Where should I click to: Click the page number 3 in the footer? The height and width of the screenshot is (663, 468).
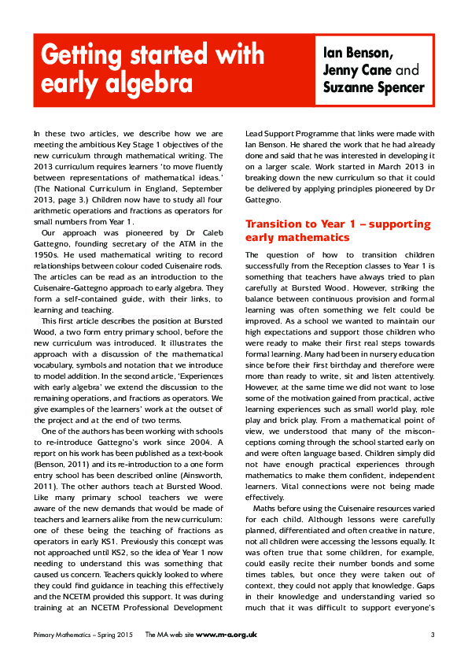(x=433, y=635)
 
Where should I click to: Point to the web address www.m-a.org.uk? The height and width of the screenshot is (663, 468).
(x=227, y=635)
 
